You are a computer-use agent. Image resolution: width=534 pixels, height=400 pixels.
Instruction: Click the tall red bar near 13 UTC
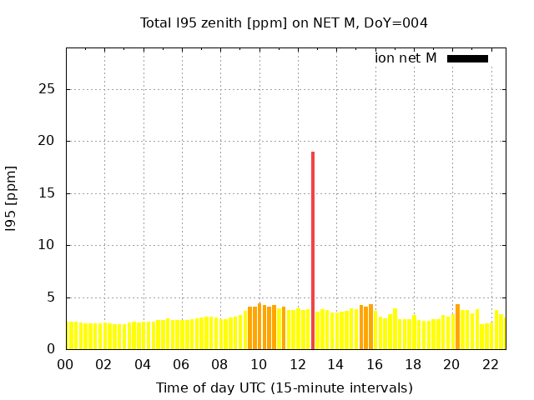click(x=313, y=250)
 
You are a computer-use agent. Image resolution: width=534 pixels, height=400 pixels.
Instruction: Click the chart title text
click(x=284, y=22)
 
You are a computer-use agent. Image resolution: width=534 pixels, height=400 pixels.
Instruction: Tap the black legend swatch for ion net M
click(x=467, y=58)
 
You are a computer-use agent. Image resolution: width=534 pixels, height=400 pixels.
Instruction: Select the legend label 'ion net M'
click(x=406, y=58)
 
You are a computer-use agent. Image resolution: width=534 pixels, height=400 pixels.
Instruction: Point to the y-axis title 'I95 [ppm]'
click(x=11, y=203)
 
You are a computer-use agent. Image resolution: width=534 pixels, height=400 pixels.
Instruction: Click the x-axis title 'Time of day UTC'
click(x=284, y=387)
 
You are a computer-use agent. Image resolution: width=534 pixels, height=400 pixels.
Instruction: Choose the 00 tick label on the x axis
click(x=66, y=364)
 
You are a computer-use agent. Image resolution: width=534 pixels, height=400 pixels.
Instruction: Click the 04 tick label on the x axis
click(x=143, y=364)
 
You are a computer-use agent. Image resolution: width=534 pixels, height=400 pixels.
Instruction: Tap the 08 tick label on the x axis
click(x=219, y=364)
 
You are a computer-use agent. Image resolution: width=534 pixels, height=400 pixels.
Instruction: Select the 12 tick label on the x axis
click(x=297, y=364)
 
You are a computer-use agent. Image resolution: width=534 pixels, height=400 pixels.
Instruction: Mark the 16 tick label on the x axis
click(x=374, y=364)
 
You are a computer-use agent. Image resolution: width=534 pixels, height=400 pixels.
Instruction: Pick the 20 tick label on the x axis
click(x=451, y=364)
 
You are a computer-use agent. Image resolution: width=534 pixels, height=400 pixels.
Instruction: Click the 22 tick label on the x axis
click(x=490, y=364)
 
